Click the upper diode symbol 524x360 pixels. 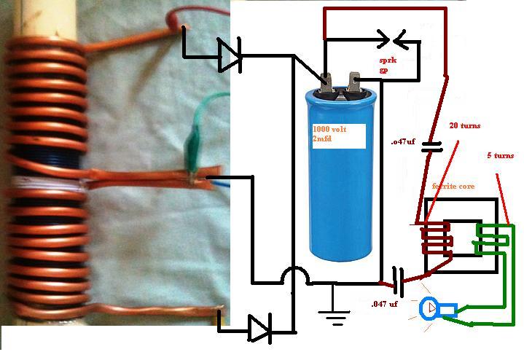230,55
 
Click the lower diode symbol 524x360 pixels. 260,329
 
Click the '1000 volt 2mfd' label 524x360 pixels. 330,133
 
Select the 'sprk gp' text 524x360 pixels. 388,65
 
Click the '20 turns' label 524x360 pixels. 464,125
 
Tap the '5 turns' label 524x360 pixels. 500,155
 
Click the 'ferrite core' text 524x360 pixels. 453,186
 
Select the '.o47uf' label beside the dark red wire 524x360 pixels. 403,141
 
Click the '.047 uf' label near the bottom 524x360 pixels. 384,304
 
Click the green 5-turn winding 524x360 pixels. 492,239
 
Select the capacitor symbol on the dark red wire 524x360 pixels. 431,147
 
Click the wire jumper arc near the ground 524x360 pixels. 295,273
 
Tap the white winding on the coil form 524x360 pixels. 47,183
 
